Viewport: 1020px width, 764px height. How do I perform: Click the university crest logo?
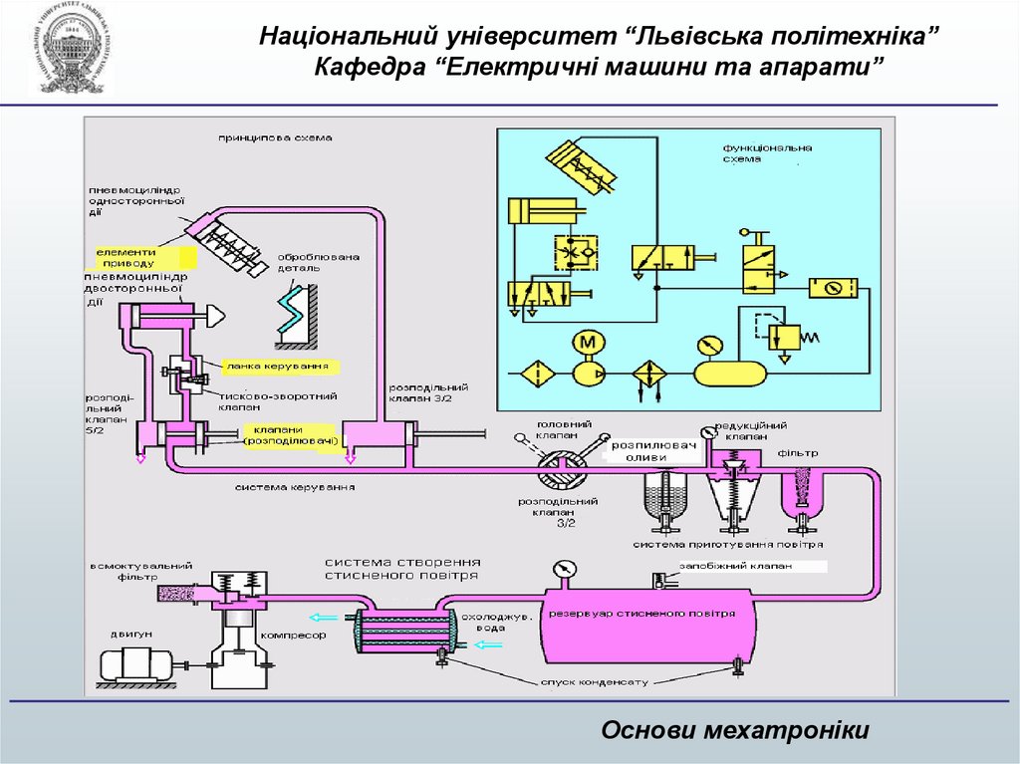(x=71, y=49)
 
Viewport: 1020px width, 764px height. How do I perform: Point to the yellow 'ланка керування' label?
(x=277, y=367)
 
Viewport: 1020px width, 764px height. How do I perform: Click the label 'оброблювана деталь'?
(x=318, y=262)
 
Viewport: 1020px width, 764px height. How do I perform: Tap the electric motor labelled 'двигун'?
(x=135, y=661)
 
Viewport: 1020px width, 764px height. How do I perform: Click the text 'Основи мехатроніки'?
(x=735, y=731)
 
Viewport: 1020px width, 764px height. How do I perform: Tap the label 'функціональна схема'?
(x=767, y=153)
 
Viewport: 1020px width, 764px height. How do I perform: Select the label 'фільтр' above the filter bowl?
(x=799, y=453)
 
